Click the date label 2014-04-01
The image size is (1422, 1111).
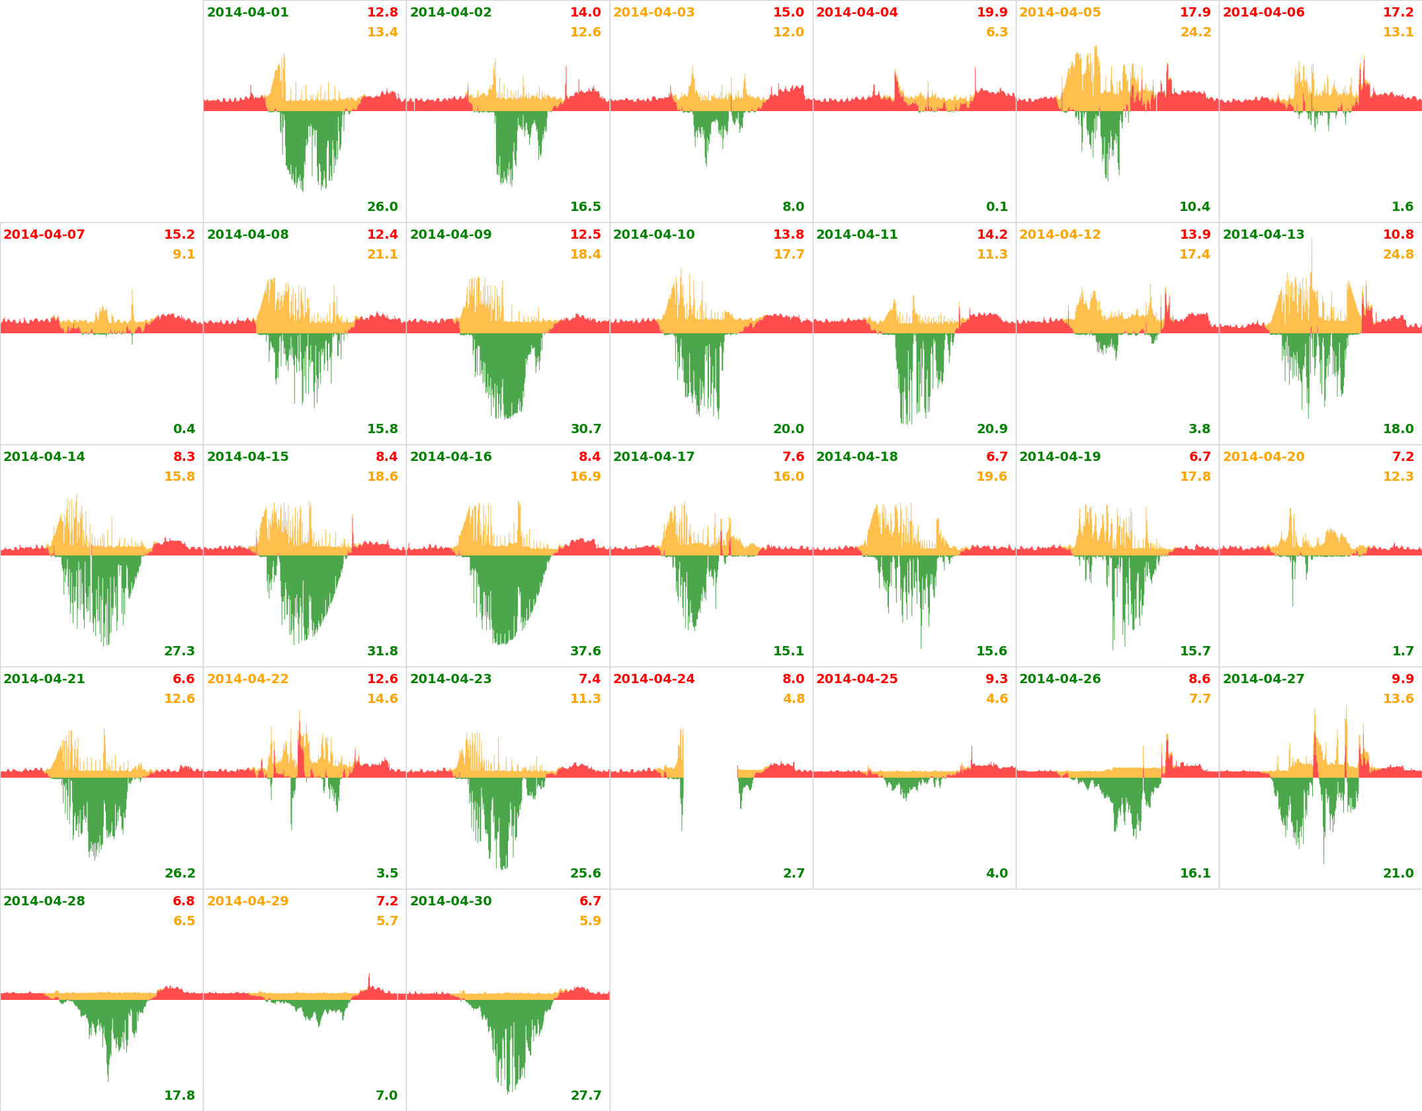[247, 13]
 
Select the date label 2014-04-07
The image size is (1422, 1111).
[44, 235]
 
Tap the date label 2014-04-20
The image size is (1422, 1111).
[1263, 457]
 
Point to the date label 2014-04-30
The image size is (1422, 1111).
[450, 901]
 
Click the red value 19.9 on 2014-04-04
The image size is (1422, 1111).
[992, 13]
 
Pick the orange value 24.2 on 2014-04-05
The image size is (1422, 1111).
[1195, 32]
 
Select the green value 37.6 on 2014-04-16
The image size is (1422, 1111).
[585, 651]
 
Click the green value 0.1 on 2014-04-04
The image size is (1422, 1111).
[997, 207]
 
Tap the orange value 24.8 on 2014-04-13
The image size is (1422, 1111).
[1398, 255]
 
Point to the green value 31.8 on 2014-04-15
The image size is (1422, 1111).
[382, 651]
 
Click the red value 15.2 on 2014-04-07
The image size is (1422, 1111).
[179, 235]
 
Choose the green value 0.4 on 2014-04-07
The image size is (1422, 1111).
[184, 429]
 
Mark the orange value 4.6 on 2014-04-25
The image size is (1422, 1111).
[997, 699]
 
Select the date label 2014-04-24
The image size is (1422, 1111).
[653, 679]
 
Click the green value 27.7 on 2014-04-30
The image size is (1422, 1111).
[585, 1096]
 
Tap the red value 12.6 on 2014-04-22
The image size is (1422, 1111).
[382, 679]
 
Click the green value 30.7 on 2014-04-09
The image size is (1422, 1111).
[585, 429]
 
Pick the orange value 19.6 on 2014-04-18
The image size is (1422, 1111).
[991, 477]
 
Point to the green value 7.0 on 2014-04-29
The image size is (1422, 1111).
[387, 1096]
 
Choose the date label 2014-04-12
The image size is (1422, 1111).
[1060, 235]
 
